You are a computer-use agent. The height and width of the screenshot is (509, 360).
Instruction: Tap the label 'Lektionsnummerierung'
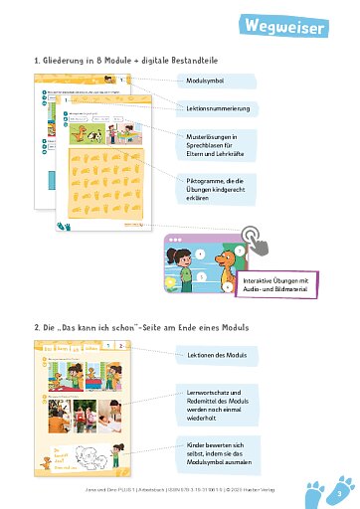click(219, 107)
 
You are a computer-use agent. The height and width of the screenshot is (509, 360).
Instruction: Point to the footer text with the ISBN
click(179, 490)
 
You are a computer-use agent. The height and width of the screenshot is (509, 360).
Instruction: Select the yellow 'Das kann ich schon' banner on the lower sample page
click(63, 349)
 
